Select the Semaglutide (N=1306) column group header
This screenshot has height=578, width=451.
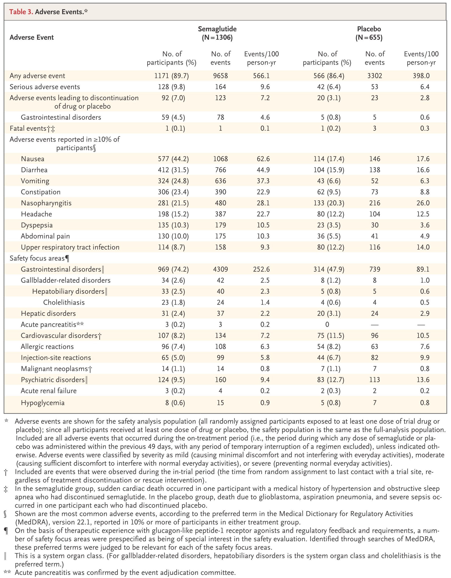(x=217, y=33)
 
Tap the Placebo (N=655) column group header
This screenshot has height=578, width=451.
(x=369, y=33)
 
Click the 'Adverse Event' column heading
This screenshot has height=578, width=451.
(x=32, y=37)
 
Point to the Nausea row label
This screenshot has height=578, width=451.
(x=33, y=159)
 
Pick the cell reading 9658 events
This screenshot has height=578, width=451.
(x=220, y=76)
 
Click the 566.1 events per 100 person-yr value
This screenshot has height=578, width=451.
(x=261, y=76)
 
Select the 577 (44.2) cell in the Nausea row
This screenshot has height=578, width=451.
(x=173, y=159)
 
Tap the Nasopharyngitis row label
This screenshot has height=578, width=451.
(x=46, y=203)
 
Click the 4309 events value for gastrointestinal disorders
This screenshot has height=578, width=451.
(x=220, y=269)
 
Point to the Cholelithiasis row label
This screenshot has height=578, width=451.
(x=64, y=302)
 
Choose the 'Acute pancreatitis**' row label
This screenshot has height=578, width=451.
(x=52, y=324)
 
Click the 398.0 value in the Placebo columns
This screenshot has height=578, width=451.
(x=421, y=76)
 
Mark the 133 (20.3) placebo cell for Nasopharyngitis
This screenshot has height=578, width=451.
(x=329, y=203)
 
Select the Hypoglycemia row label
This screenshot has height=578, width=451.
(x=43, y=403)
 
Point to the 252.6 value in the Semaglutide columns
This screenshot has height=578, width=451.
(x=261, y=269)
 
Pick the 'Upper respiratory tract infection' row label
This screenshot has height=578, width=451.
(x=70, y=247)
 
